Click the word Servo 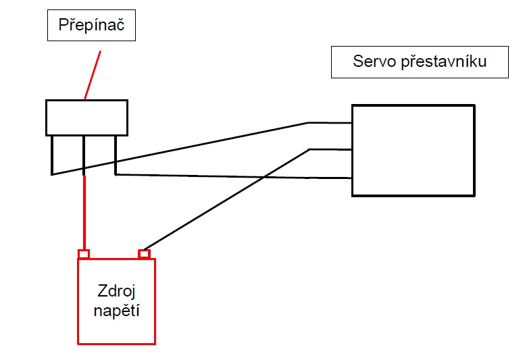(373, 63)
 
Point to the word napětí (117, 313)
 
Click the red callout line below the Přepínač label (93, 74)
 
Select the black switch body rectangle (86, 118)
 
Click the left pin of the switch (52, 155)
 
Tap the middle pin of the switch (84, 152)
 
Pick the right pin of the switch (116, 155)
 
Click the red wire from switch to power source (84, 213)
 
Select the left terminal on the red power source (84, 254)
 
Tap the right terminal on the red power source (144, 254)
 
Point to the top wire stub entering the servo (330, 123)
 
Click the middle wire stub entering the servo (330, 149)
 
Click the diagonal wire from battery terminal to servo (223, 200)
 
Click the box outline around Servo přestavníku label (332, 62)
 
